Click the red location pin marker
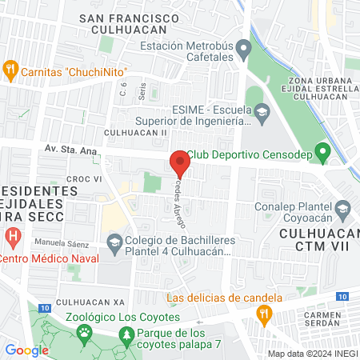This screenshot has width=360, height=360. pos(179,162)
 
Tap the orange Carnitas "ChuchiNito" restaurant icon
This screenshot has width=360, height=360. pos(10,69)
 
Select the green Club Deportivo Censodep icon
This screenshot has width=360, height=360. pos(322,150)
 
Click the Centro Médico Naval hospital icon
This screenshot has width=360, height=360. pos(13,237)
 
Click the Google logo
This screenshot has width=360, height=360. pos(26,350)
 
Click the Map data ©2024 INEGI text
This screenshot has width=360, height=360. pos(312,354)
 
